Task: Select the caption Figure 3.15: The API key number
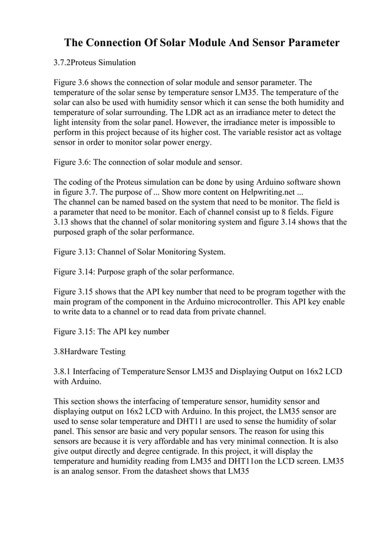pyautogui.click(x=111, y=332)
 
